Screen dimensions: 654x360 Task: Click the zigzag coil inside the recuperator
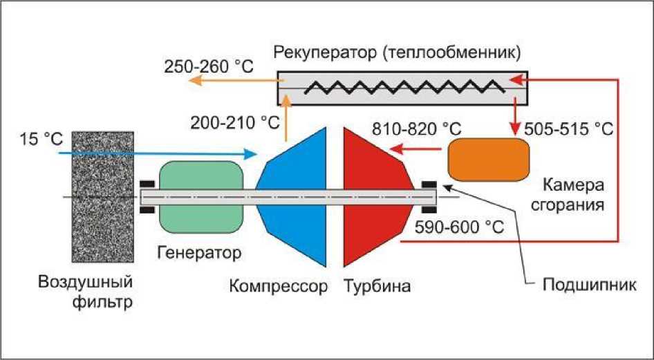pyautogui.click(x=404, y=88)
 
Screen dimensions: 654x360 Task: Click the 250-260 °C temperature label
pyautogui.click(x=209, y=67)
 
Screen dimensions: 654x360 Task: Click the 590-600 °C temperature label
pyautogui.click(x=459, y=227)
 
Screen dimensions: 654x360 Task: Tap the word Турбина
pyautogui.click(x=377, y=286)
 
